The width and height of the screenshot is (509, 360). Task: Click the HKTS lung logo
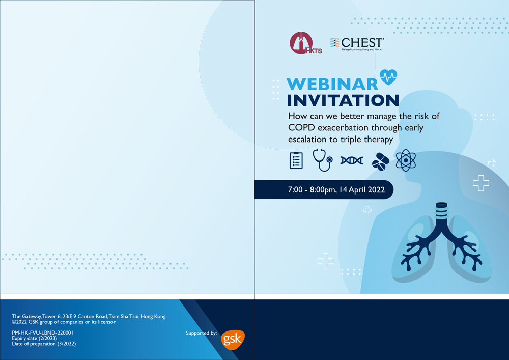point(305,43)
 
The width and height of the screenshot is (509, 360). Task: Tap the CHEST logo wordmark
point(357,44)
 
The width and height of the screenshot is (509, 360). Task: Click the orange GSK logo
point(233,340)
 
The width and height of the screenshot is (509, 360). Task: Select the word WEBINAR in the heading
point(332,84)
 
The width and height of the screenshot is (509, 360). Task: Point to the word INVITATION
point(343,100)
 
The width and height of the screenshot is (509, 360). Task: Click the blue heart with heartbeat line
point(388,77)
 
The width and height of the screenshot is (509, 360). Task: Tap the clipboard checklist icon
point(296,160)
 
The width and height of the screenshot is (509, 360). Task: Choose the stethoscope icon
point(322,160)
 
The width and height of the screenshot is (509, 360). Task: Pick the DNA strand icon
point(352,160)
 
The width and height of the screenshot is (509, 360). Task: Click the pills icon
point(380,161)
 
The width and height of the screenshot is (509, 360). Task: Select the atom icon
point(406,160)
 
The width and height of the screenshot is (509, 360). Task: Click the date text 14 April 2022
point(362,190)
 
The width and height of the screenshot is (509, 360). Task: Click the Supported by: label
point(201,333)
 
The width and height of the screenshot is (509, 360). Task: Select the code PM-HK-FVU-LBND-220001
point(43,333)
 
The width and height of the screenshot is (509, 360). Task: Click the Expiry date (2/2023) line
point(35,338)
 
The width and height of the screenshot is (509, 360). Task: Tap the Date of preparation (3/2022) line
point(44,344)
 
